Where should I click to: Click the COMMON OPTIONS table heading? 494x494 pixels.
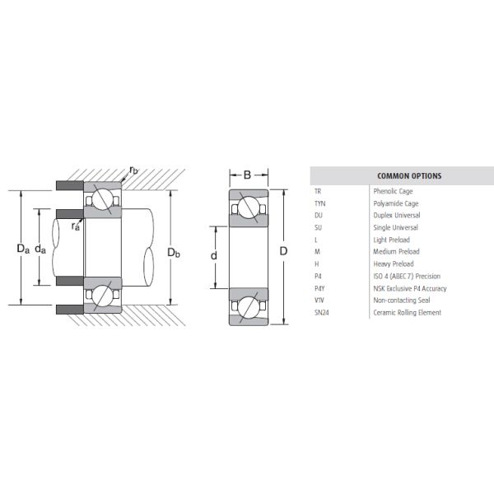click(x=409, y=176)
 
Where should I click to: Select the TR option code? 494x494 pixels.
click(x=318, y=191)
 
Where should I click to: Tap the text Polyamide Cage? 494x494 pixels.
click(x=396, y=203)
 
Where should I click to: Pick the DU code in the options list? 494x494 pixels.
click(x=318, y=215)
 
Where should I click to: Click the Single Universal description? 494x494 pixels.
click(x=395, y=227)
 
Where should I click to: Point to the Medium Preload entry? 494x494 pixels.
click(x=396, y=251)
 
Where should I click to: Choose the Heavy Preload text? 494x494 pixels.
click(x=394, y=263)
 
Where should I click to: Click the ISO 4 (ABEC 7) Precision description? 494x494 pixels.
click(x=407, y=276)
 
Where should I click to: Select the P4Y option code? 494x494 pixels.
click(x=319, y=288)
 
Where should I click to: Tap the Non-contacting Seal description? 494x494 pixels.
click(x=402, y=301)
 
